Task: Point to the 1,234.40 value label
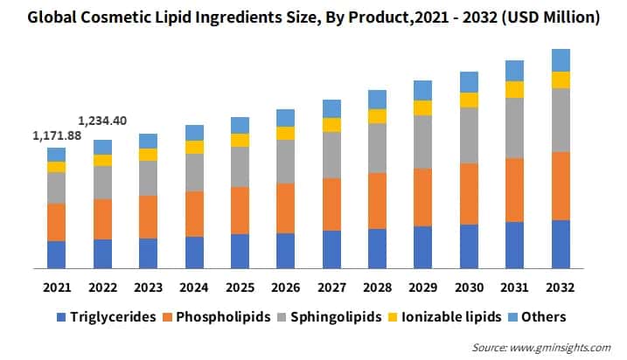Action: [102, 121]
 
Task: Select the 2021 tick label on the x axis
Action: [57, 287]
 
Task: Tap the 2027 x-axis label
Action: [331, 287]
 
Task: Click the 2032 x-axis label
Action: [561, 287]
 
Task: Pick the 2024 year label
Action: [194, 287]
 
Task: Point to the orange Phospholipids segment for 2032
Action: [561, 186]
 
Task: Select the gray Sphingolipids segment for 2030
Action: [469, 135]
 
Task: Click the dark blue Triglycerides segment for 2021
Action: [57, 254]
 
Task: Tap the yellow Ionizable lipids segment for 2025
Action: [240, 140]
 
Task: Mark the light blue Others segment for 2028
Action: [377, 100]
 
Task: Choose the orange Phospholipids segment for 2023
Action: [149, 217]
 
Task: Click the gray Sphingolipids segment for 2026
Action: [285, 162]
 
